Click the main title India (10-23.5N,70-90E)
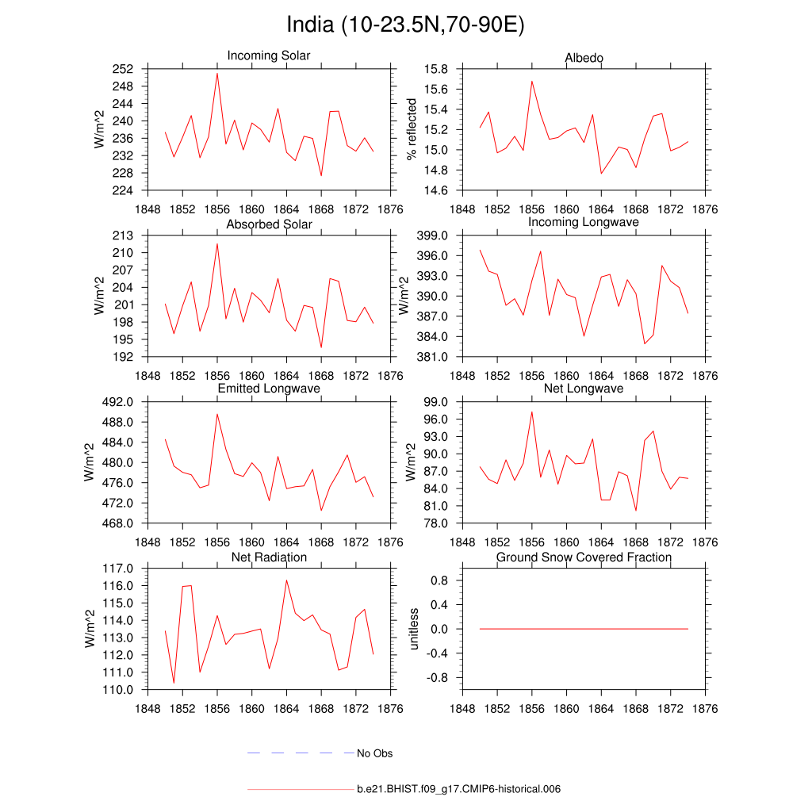(405, 25)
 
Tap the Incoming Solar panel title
(269, 56)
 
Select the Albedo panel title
(584, 58)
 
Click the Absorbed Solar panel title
(269, 224)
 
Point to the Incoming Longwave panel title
(584, 222)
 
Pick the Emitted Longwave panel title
(269, 389)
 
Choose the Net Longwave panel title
(584, 389)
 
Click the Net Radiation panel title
(269, 557)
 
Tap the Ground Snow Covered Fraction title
(584, 557)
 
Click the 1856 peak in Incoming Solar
(217, 73)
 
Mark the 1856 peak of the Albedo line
(532, 81)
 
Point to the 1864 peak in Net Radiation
(286, 580)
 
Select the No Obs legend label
(374, 753)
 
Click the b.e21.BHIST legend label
(459, 790)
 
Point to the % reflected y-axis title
(412, 129)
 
